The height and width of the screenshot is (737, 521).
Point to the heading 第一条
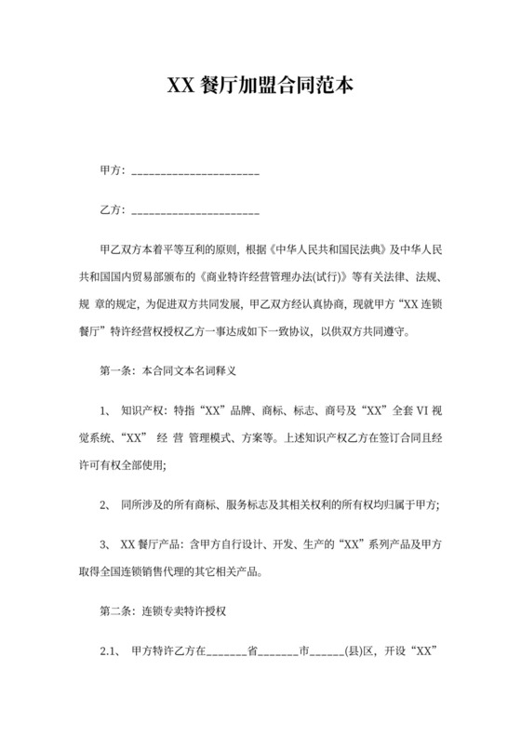coord(115,371)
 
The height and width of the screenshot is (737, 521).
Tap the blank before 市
coord(276,653)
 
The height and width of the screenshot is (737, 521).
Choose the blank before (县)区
coord(328,653)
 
